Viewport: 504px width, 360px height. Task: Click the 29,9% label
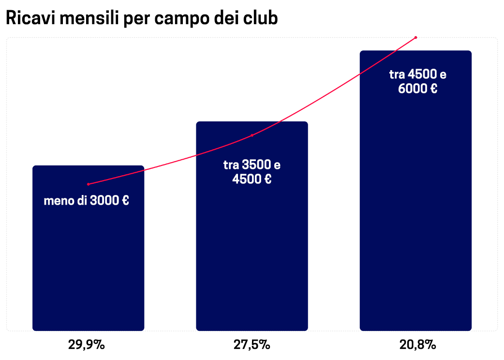tap(87, 345)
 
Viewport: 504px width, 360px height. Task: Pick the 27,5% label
tap(252, 345)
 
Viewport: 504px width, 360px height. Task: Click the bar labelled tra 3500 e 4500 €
tap(252, 252)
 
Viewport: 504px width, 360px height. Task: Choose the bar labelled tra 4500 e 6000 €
tap(415, 218)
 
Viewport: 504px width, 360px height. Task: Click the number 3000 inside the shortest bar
tap(104, 200)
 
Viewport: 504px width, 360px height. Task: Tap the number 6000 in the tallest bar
tap(413, 89)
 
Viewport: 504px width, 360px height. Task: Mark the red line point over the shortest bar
tap(88, 184)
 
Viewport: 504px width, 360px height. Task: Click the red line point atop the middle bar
tap(252, 135)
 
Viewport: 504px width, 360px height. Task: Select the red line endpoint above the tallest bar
tap(415, 37)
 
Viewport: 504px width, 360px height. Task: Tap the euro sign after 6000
tap(433, 89)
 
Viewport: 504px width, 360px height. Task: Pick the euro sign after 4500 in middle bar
tap(267, 180)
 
